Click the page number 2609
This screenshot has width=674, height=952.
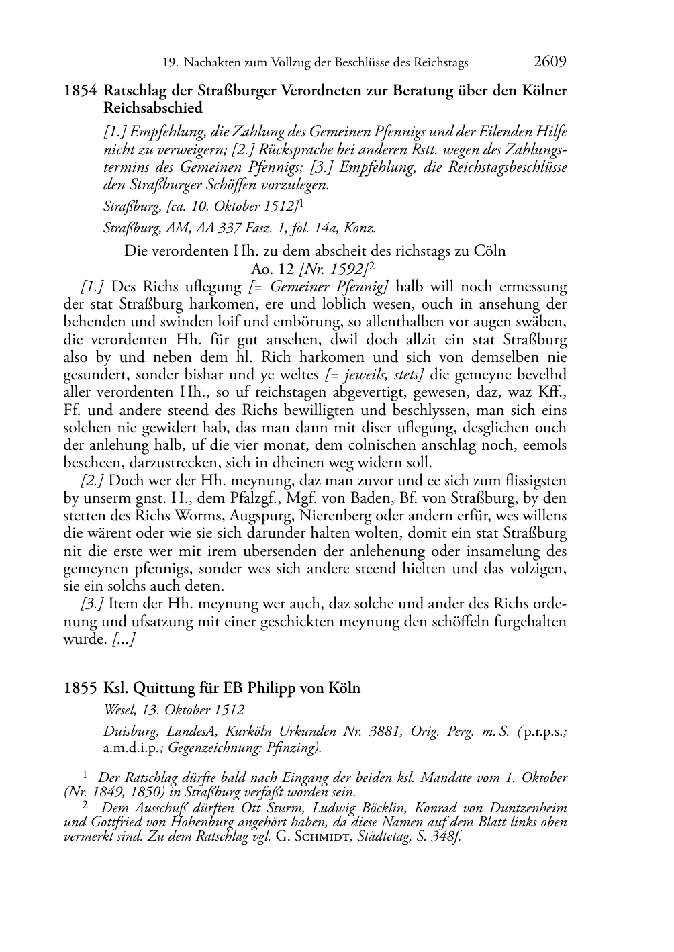pyautogui.click(x=550, y=62)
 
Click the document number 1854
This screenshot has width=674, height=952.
pyautogui.click(x=81, y=91)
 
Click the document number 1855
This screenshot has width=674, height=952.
pyautogui.click(x=81, y=688)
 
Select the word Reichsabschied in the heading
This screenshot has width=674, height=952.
pyautogui.click(x=153, y=107)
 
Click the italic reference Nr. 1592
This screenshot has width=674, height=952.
pyautogui.click(x=342, y=269)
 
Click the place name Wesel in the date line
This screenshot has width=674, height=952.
pyautogui.click(x=119, y=710)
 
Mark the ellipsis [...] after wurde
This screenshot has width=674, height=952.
pyautogui.click(x=124, y=639)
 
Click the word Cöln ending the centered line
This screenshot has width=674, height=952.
pyautogui.click(x=490, y=252)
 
